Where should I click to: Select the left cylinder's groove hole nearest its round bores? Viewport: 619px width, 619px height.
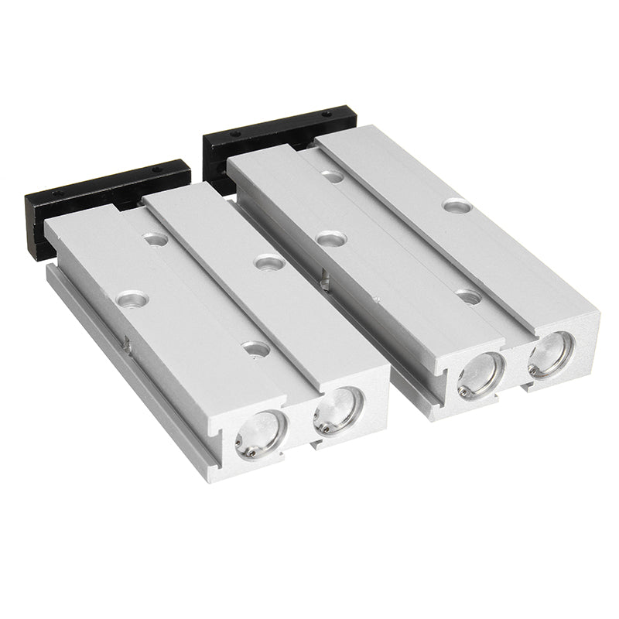[256, 349]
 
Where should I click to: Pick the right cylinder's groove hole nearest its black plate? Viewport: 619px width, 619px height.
[333, 176]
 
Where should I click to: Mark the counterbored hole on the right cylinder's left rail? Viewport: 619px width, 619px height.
[330, 238]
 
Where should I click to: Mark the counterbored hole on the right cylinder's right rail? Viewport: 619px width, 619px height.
[457, 205]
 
